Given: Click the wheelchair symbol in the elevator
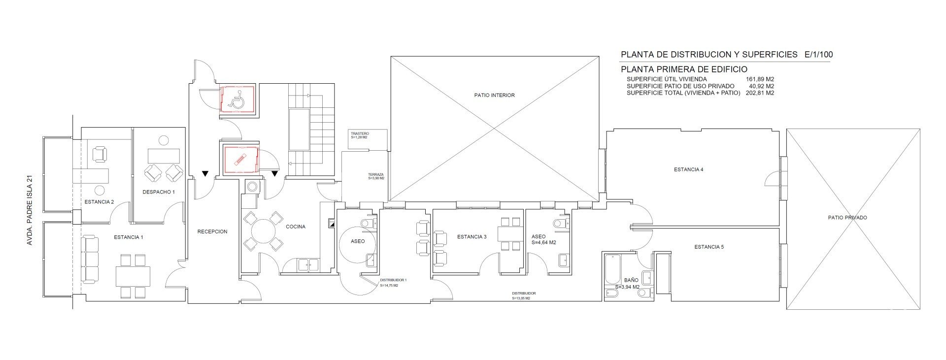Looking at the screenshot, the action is pos(236,100).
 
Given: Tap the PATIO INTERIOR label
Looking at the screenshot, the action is pos(494,95).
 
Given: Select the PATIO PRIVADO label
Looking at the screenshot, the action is pos(847,218).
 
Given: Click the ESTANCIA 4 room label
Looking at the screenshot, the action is pos(688,170).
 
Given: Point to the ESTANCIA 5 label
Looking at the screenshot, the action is pos(709,247).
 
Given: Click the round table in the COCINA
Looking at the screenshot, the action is pos(263,230).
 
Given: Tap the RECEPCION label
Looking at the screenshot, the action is pos(212,231).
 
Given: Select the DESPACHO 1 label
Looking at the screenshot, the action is pos(159,192).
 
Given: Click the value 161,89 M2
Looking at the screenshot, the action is pos(760,79).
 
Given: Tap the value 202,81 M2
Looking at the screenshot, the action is pos(760,93).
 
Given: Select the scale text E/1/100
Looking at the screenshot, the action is pos(818,55).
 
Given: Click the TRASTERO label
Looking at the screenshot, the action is pos(360,134).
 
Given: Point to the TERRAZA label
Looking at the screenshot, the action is pos(376,175).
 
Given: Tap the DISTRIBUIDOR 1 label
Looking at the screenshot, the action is pos(393,280).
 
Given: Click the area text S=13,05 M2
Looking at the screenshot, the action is pos(521,298).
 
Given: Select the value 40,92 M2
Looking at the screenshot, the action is pos(761,86).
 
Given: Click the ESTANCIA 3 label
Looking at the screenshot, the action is pos(472,237).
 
